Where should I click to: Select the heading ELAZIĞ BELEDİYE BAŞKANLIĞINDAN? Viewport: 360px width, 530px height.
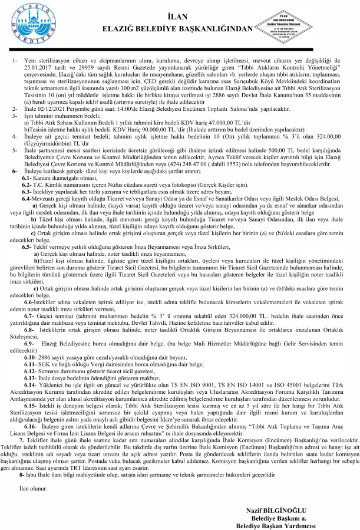pyautogui.click(x=180, y=28)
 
